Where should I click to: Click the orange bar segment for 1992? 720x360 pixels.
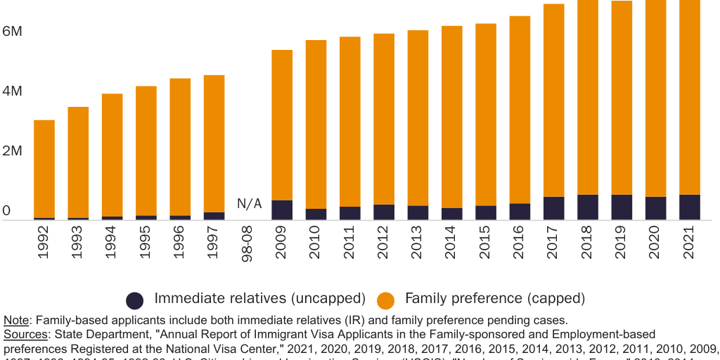[x=44, y=169]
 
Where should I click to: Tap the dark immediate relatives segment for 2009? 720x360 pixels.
[x=282, y=210]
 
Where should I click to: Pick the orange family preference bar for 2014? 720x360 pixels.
[x=452, y=117]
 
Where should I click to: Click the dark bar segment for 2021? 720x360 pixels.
[x=690, y=207]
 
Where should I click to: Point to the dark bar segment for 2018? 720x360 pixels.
[x=588, y=207]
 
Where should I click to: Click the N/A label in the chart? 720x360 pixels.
[x=249, y=204]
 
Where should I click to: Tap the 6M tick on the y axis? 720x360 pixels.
[x=12, y=32]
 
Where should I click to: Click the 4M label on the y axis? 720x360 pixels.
[x=12, y=91]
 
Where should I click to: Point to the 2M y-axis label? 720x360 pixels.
[x=12, y=151]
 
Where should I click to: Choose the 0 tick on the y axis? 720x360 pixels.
[x=6, y=210]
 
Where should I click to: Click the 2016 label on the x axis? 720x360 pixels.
[x=520, y=243]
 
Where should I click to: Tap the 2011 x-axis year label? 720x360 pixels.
[x=350, y=243]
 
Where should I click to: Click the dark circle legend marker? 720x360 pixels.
[x=135, y=300]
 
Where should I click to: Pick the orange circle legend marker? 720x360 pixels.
[x=386, y=300]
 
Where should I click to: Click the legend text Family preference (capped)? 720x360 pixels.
[x=495, y=299]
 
